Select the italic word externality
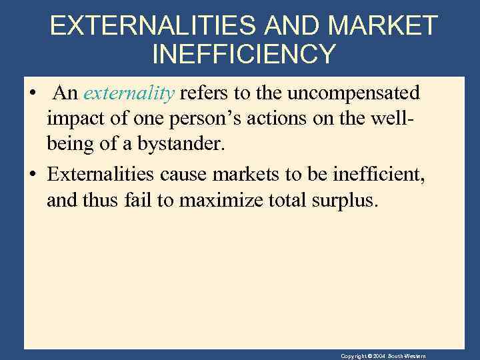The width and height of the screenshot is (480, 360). [129, 93]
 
